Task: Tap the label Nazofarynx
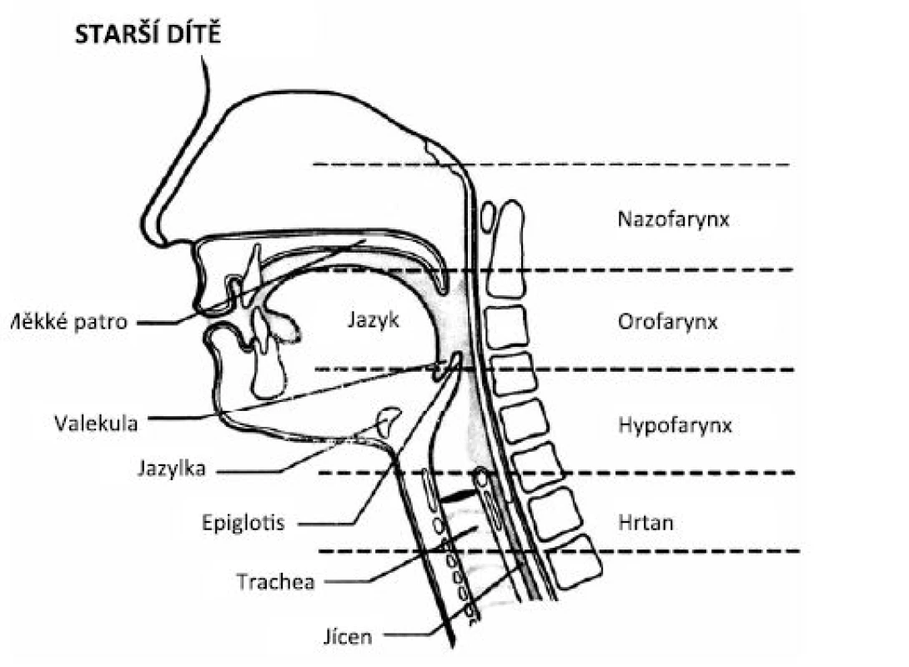[x=673, y=219]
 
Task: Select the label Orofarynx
[x=668, y=322]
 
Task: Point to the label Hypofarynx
[x=675, y=425]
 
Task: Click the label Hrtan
[x=645, y=523]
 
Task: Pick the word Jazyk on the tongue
[x=374, y=320]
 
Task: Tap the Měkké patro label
[x=68, y=322]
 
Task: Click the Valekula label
[x=96, y=424]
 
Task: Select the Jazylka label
[x=172, y=469]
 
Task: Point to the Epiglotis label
[x=244, y=523]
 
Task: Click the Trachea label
[x=275, y=581]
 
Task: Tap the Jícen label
[x=347, y=637]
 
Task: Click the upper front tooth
[x=252, y=273]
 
